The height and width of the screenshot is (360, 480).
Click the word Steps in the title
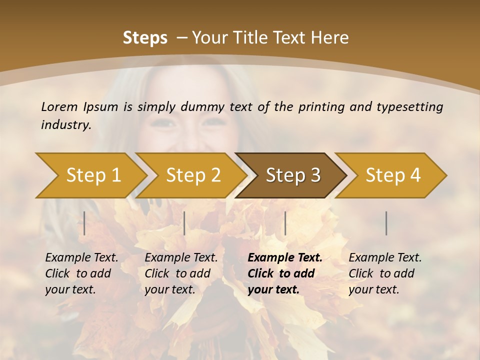(x=145, y=37)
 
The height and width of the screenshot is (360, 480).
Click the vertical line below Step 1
(x=84, y=223)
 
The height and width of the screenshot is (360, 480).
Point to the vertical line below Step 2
(x=184, y=223)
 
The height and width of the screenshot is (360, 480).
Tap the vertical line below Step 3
(x=285, y=223)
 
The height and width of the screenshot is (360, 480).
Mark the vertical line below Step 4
(x=386, y=223)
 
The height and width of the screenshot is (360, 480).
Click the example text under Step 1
(x=81, y=273)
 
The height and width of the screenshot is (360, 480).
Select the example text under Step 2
(x=181, y=273)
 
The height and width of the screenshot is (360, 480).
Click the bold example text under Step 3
(x=285, y=273)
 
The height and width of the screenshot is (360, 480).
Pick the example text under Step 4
(x=385, y=273)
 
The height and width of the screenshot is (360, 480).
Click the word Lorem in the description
(x=59, y=106)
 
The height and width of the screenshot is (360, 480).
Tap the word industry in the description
(x=66, y=125)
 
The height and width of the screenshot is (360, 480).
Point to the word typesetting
(x=409, y=106)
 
